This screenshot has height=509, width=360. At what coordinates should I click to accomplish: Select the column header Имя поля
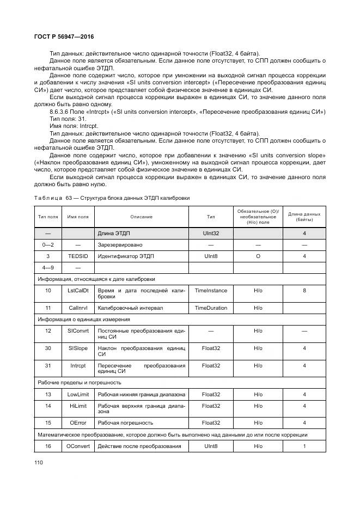[x=78, y=217]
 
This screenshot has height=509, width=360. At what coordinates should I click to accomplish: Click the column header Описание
[x=141, y=217]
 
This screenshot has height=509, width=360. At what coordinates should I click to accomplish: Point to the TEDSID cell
[x=78, y=256]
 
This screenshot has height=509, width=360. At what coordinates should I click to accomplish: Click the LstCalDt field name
[x=78, y=291]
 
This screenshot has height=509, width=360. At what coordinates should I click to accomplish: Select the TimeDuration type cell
[x=211, y=308]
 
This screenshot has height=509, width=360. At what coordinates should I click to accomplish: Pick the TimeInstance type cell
[x=211, y=291]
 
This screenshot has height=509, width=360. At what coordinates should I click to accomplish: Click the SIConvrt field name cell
[x=78, y=330]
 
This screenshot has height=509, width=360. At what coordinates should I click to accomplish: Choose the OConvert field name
[x=78, y=446]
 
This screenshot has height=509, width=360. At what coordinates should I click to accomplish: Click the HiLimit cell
[x=78, y=406]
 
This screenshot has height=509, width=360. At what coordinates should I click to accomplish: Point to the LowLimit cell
[x=78, y=394]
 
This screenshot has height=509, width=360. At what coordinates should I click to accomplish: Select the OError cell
[x=78, y=422]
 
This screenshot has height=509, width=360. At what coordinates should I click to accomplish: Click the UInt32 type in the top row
[x=211, y=233]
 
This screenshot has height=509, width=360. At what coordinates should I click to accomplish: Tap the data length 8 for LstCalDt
[x=304, y=291]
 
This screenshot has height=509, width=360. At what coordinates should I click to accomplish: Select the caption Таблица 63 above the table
[x=112, y=198]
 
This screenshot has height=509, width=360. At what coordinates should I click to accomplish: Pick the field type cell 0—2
[x=48, y=244]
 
